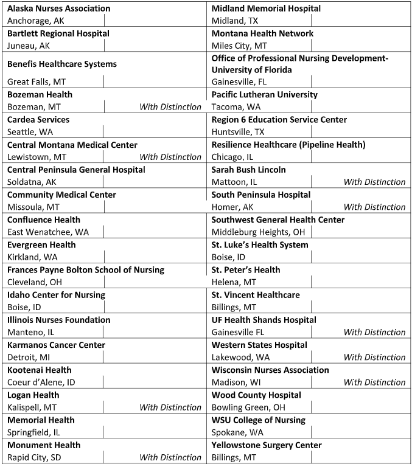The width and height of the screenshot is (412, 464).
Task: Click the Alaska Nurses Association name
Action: click(59, 9)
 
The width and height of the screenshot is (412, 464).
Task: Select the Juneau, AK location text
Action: click(28, 46)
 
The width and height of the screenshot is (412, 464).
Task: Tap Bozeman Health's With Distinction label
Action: click(170, 107)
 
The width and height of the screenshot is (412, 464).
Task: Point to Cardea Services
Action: click(38, 120)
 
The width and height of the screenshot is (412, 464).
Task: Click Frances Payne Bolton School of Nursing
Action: click(86, 270)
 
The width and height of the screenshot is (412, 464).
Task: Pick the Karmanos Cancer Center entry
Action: click(56, 345)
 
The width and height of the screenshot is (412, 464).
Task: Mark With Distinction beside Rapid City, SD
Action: click(170, 457)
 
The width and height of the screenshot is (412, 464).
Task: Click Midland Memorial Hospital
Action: click(266, 9)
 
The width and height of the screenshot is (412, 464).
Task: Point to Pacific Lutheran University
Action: click(265, 95)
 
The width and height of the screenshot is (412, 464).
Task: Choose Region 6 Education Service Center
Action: click(279, 120)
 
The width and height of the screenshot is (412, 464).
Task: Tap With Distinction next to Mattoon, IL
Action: click(374, 182)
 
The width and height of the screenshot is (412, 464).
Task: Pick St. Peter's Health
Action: click(246, 270)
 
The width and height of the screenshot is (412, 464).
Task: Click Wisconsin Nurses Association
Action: click(270, 370)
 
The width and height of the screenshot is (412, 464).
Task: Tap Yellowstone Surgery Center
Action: click(267, 445)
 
